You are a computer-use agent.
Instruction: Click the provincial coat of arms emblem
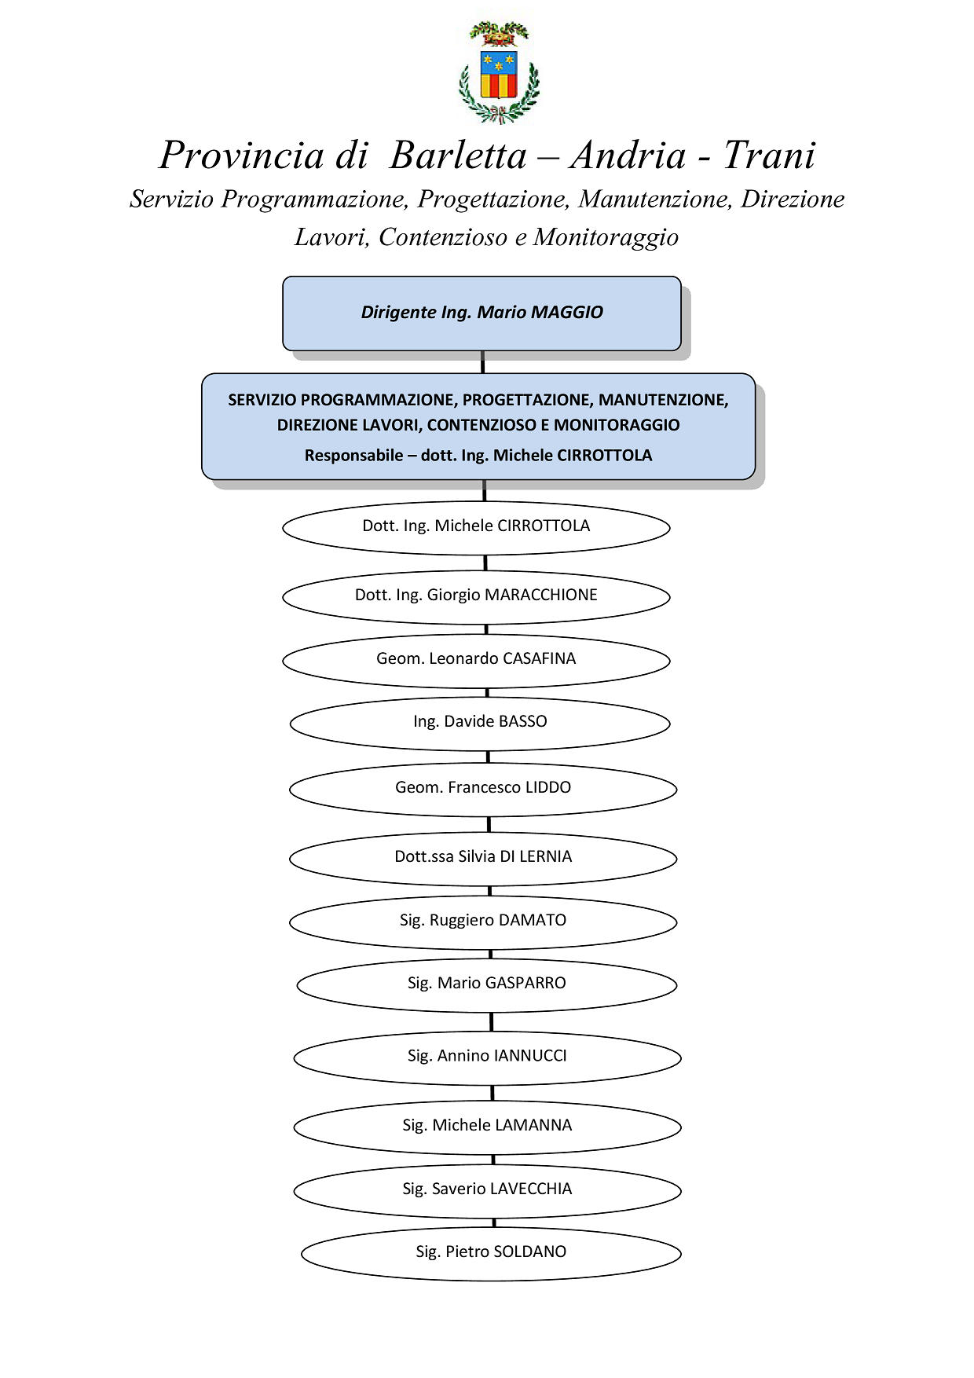point(499,72)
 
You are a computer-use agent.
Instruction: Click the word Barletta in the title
point(458,155)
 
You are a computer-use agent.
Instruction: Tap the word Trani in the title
point(769,155)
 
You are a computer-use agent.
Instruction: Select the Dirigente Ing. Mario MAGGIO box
point(482,313)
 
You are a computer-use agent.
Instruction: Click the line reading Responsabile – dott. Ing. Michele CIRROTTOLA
point(478,456)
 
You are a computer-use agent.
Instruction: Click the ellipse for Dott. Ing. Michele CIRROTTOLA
point(476,527)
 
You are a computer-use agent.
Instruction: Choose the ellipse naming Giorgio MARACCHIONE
point(476,596)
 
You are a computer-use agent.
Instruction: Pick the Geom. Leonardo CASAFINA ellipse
point(476,660)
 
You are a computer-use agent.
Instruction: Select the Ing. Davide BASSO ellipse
point(480,723)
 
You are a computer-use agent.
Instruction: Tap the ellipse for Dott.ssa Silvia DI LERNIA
point(483,858)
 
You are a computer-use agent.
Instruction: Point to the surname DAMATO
point(533,920)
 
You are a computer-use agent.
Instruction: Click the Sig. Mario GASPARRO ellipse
point(487,984)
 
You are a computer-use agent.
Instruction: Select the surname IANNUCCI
point(530,1056)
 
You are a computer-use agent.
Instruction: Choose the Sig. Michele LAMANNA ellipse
point(487,1127)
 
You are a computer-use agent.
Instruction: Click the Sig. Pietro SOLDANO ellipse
point(491,1253)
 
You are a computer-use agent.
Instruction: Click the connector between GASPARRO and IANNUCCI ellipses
point(492,1021)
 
